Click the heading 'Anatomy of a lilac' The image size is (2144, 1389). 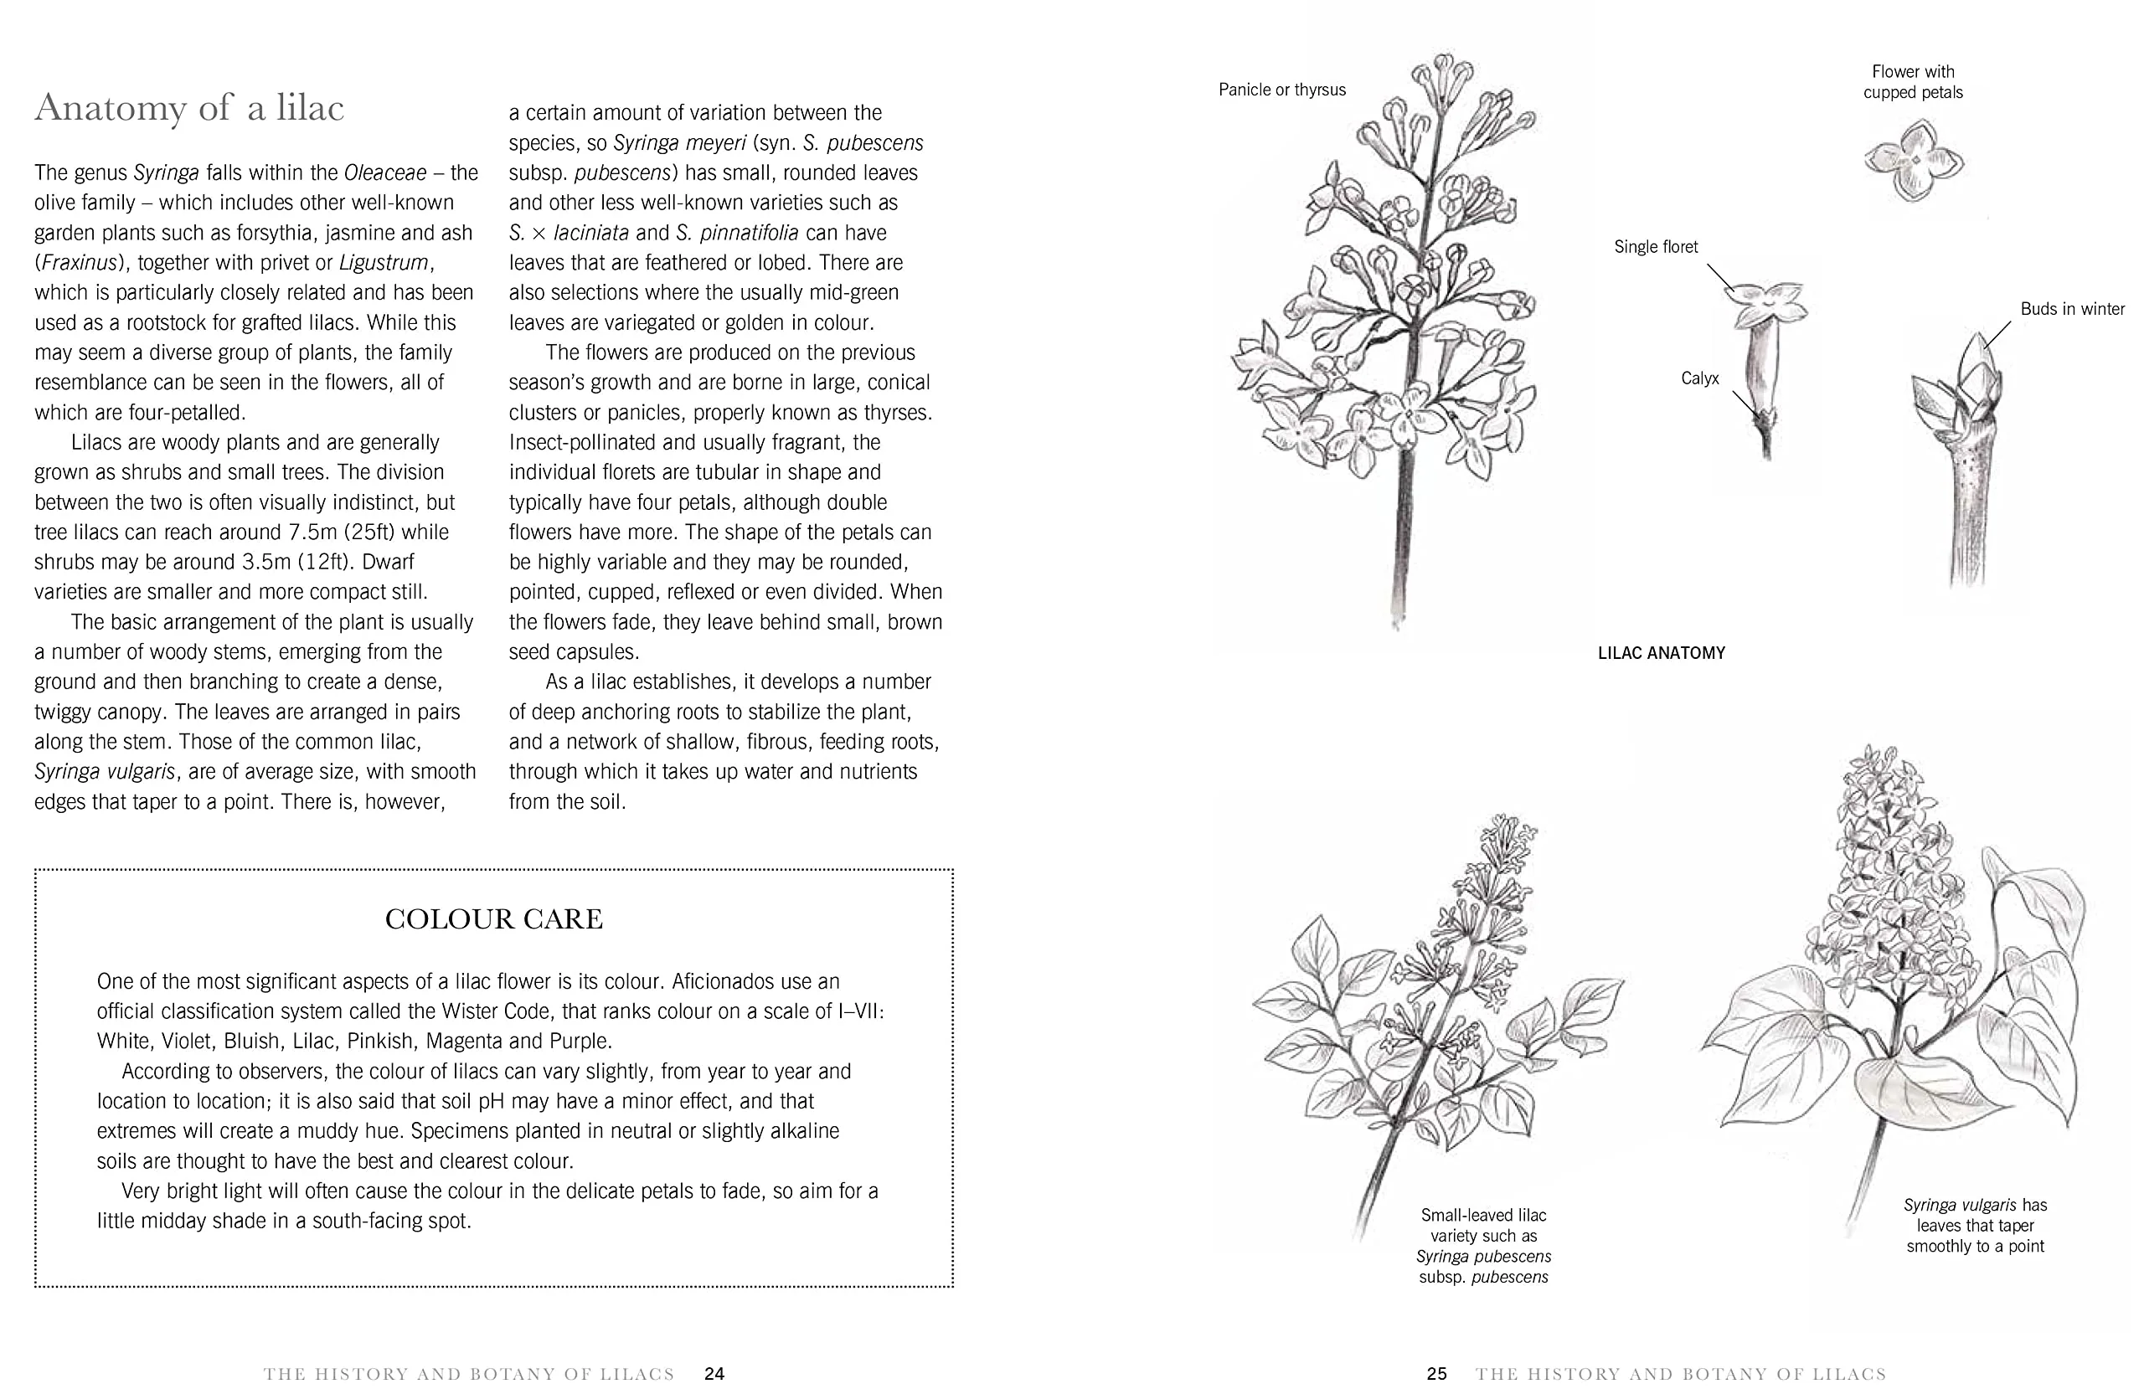(189, 108)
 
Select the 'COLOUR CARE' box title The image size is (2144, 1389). (493, 918)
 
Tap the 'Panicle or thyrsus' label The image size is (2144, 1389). (1282, 90)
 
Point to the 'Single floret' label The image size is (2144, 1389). (1656, 247)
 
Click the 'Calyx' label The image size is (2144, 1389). (1700, 378)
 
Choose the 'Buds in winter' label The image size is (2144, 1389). (2072, 309)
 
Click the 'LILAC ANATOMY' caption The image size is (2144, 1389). (1661, 653)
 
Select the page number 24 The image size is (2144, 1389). (714, 1374)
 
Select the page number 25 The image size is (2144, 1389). (1437, 1374)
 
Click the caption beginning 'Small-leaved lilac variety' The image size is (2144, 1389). (1484, 1246)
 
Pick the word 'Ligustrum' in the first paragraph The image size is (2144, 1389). (383, 263)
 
